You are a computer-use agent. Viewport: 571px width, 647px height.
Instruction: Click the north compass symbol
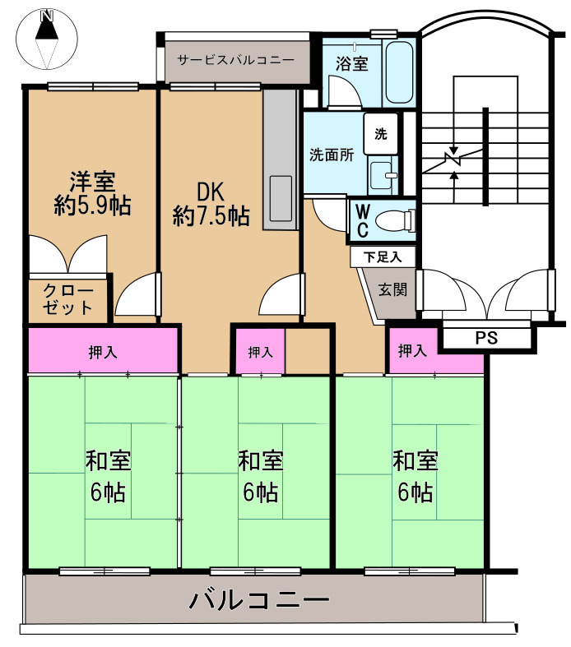coord(47,39)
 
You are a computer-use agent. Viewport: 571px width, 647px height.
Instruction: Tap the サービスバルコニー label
coord(236,60)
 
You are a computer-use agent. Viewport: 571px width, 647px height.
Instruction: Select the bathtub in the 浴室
coord(398,72)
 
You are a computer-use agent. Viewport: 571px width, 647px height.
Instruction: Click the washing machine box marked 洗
coord(381,134)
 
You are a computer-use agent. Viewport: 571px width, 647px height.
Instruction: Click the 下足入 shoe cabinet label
coord(383,257)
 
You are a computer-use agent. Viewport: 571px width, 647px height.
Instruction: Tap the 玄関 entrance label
coord(392,289)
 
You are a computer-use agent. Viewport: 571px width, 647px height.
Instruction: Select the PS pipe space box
coord(486,338)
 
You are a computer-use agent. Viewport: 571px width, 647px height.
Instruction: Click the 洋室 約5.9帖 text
coord(92,193)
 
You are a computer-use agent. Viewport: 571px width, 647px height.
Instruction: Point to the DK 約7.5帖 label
coord(211,204)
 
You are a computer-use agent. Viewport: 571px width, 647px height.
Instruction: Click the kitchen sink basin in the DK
coord(281,199)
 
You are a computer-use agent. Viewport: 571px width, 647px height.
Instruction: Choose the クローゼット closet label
coord(68,299)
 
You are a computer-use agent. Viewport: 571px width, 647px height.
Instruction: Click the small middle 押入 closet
coord(260,351)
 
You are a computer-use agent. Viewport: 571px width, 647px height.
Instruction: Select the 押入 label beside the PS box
coord(412,351)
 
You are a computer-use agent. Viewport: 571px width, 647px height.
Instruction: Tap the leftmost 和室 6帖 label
coord(108,476)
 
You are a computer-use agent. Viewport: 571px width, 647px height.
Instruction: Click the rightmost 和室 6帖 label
coord(415,476)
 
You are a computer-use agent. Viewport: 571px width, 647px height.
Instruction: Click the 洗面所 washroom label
coord(332,155)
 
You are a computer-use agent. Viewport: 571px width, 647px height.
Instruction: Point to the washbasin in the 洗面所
coord(383,175)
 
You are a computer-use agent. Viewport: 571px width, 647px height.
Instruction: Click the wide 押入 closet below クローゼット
coord(103,350)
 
